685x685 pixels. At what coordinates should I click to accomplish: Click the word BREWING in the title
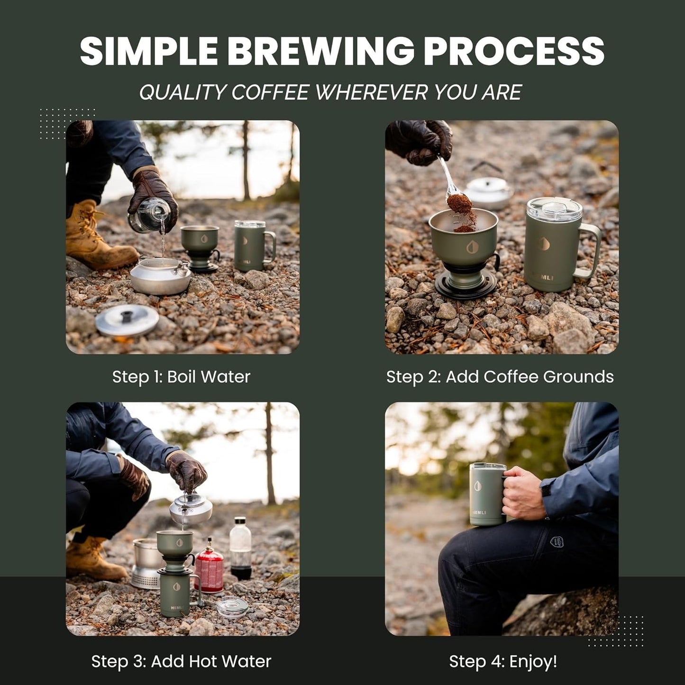(x=323, y=51)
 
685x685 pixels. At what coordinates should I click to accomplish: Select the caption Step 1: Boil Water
(x=181, y=377)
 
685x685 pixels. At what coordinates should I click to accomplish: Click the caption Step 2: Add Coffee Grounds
(x=500, y=377)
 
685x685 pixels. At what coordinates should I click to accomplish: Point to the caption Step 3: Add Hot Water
(x=181, y=661)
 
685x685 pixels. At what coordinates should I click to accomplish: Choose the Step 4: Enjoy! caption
(x=503, y=661)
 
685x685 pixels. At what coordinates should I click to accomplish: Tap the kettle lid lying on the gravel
(x=127, y=320)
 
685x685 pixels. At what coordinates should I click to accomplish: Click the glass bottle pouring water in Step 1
(x=148, y=216)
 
